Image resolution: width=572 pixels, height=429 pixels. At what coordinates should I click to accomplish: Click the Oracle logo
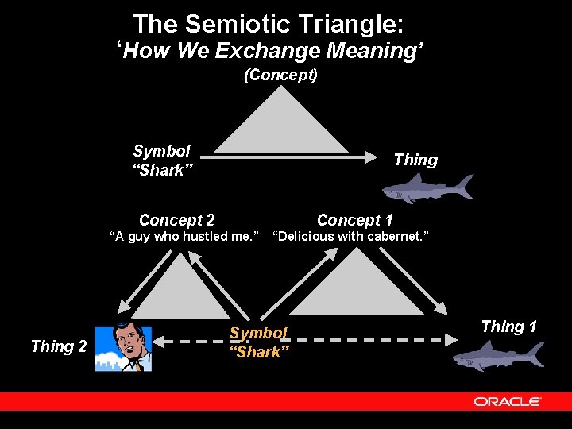pos(508,401)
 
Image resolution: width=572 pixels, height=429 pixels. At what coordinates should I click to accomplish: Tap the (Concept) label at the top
pos(280,75)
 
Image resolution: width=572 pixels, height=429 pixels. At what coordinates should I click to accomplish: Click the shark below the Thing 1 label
pos(498,355)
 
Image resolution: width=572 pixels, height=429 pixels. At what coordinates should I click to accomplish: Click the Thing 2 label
pos(58,346)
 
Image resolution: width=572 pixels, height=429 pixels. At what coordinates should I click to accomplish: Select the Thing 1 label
pos(508,327)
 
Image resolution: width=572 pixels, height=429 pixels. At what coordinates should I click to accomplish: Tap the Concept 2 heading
pos(176,220)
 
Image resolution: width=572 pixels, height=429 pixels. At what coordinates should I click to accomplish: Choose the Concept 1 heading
pos(354,220)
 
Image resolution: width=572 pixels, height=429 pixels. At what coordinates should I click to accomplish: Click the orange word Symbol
pos(258,333)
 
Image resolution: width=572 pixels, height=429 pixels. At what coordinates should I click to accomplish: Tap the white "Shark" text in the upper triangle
pos(163,170)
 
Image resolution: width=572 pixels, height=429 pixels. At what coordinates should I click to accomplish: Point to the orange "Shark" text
pos(259,352)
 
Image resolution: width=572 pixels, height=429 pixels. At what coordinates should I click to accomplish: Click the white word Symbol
pos(161,151)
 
